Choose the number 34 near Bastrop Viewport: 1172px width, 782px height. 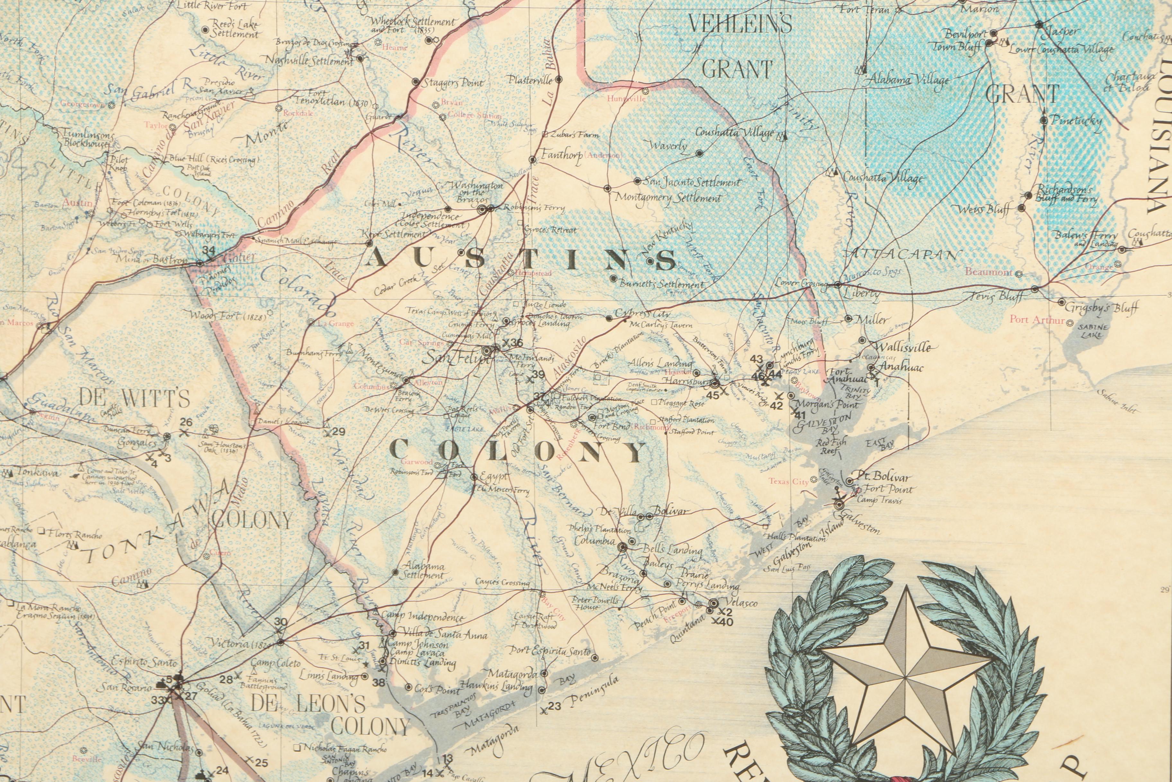click(x=209, y=250)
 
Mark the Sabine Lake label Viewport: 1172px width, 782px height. click(x=1091, y=331)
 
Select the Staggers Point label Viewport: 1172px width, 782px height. click(x=452, y=83)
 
